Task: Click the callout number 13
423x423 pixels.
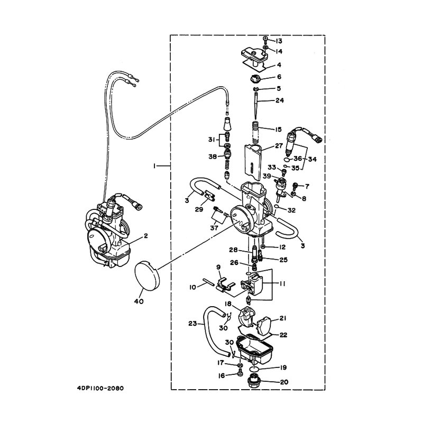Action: click(279, 41)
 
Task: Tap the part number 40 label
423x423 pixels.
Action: click(139, 301)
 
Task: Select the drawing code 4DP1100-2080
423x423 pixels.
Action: click(100, 389)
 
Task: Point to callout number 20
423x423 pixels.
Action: click(284, 382)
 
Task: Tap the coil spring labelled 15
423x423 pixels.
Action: click(256, 133)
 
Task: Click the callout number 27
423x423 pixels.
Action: click(279, 146)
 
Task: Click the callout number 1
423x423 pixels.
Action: click(154, 166)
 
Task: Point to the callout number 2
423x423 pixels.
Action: click(146, 236)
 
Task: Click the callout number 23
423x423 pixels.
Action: click(192, 323)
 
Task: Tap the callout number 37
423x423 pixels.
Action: click(214, 228)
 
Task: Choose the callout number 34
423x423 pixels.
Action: click(312, 159)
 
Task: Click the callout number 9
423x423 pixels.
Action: click(218, 267)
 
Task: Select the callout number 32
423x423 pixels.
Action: click(292, 210)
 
